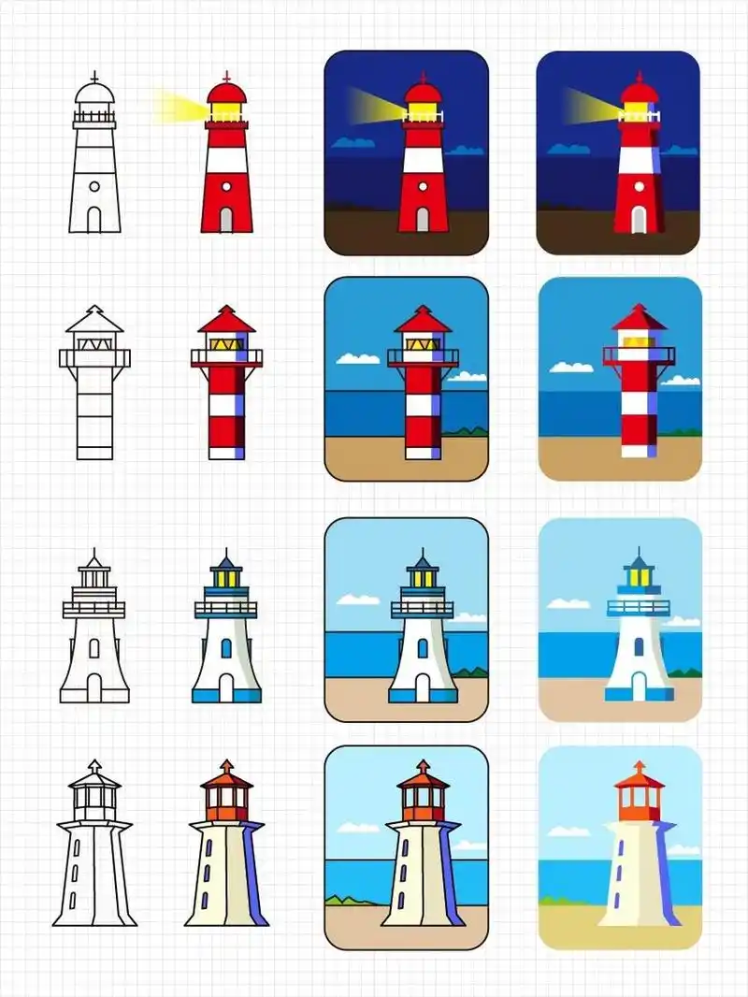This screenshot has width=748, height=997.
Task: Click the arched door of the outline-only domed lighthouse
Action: point(94,220)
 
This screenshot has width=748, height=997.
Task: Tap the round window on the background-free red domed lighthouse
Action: point(225,186)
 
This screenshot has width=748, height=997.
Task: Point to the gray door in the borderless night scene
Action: point(638,220)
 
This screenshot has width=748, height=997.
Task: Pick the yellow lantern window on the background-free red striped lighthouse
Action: point(223,344)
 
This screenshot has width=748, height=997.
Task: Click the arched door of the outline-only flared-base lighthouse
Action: point(94,687)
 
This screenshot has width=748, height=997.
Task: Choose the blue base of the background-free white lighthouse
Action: point(226,695)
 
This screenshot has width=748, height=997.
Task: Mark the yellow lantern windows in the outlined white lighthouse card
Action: point(423,579)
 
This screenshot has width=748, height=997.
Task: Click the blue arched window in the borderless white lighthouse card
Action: point(639,646)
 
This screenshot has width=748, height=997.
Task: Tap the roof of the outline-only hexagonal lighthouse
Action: point(94,778)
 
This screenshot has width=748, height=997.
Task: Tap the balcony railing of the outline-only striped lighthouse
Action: point(94,357)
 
